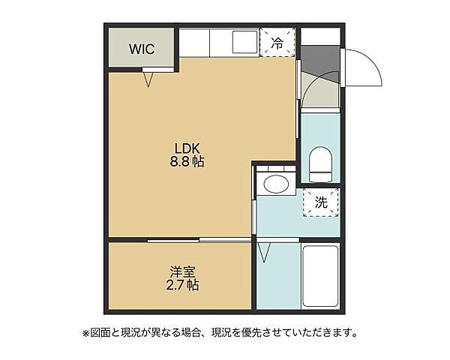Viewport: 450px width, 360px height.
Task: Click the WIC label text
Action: (141, 49)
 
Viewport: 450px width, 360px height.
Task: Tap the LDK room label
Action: (188, 147)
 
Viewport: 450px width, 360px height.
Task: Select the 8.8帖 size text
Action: (188, 161)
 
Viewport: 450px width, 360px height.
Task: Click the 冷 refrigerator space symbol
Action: (276, 43)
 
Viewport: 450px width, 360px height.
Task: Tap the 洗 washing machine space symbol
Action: (321, 201)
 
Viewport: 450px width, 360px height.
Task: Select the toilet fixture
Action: (319, 165)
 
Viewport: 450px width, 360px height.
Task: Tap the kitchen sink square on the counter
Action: (244, 42)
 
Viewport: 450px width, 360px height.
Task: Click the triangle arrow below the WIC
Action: (148, 78)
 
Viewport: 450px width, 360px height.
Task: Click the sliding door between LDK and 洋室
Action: (198, 240)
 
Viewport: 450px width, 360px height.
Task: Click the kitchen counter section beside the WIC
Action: (194, 42)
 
